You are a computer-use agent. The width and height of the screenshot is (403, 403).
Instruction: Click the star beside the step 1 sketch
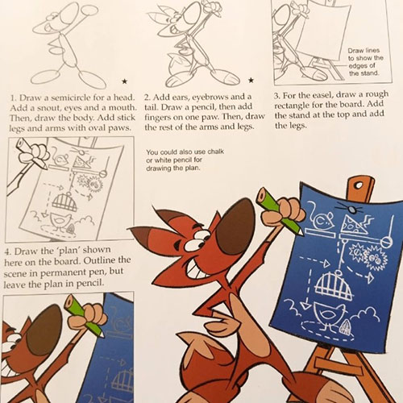click(124, 81)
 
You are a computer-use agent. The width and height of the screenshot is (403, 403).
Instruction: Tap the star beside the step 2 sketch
click(251, 80)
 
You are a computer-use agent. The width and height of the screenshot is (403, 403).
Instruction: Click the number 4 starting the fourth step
click(8, 252)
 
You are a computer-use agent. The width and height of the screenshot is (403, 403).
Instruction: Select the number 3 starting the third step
click(276, 96)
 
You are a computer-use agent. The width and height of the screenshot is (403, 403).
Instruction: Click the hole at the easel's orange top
click(359, 185)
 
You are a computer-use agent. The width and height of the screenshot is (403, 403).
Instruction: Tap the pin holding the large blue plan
click(350, 209)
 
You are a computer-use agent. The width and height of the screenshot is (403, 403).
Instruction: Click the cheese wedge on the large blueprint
click(353, 225)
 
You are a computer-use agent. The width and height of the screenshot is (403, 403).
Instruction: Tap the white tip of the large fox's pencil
click(300, 232)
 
